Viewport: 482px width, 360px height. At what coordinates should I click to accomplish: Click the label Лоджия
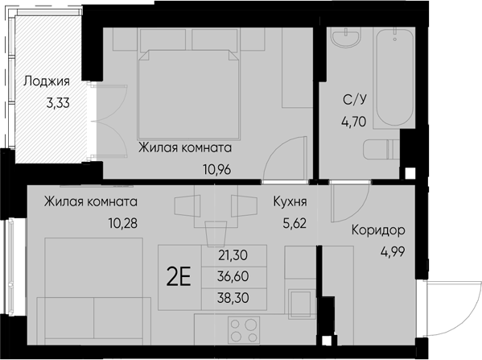click(x=47, y=81)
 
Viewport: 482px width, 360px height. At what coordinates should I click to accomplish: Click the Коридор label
click(x=377, y=230)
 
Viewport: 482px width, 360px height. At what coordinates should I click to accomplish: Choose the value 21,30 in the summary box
click(x=233, y=256)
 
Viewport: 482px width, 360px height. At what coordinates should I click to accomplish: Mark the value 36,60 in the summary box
click(x=233, y=276)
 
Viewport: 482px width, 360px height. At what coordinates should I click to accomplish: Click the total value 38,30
click(x=233, y=296)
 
